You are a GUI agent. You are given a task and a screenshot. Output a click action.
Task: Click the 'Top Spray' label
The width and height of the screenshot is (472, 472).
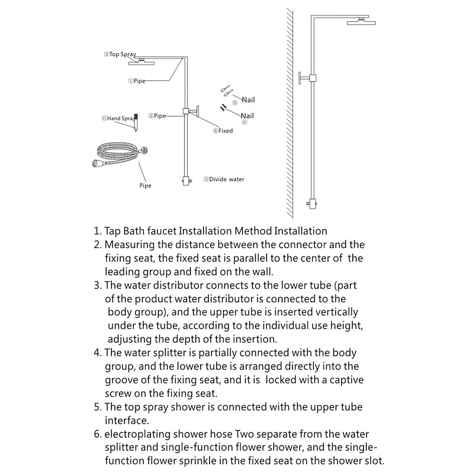120,54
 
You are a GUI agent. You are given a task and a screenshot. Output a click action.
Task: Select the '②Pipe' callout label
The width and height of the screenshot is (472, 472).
157,116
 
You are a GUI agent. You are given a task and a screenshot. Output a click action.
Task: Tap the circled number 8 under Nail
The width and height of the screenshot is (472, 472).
244,123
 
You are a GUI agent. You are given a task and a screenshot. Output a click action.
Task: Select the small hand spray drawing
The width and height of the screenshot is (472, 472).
136,122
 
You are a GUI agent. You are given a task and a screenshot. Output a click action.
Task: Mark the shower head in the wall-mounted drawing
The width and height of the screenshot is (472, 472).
361,22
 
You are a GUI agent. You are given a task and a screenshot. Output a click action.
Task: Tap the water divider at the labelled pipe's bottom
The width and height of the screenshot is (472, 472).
186,181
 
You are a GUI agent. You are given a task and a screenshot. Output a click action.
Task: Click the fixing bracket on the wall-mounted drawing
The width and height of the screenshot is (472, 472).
307,78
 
